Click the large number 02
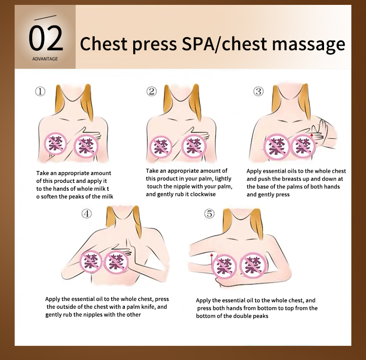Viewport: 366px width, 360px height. [x=46, y=38]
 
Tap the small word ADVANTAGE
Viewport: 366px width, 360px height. [x=45, y=59]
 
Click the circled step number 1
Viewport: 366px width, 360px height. [x=40, y=91]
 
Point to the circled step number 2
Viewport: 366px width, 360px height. [x=151, y=91]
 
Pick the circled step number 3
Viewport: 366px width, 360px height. [x=258, y=91]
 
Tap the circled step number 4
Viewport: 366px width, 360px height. [x=86, y=214]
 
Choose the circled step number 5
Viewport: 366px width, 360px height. [x=209, y=214]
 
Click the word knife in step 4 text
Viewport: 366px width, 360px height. [x=148, y=306]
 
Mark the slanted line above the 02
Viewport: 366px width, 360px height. [x=45, y=18]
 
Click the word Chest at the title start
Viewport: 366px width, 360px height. [x=104, y=43]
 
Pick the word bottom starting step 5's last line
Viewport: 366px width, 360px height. [x=204, y=316]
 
